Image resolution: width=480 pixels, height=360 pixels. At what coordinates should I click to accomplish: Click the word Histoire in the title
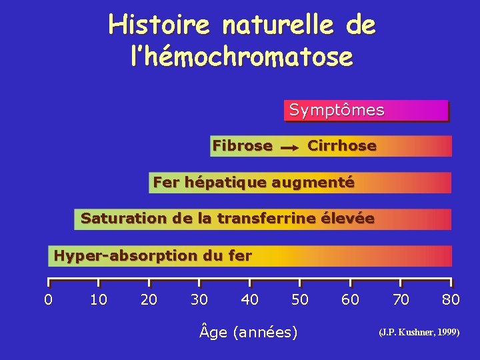[158, 25]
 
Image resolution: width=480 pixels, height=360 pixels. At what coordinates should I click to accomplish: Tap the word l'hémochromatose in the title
[241, 56]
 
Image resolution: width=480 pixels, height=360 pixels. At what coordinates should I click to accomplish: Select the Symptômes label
[337, 110]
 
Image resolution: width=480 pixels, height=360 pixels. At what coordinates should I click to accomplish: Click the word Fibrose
[242, 145]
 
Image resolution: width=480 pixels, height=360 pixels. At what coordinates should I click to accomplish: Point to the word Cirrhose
[342, 145]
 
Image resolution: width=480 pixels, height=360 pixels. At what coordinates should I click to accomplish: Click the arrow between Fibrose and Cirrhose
[289, 147]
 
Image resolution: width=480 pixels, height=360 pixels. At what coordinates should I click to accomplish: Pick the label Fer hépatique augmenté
[253, 181]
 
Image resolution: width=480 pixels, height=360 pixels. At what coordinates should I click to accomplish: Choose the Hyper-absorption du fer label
[153, 255]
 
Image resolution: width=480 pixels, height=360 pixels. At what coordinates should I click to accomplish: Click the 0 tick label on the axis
[48, 299]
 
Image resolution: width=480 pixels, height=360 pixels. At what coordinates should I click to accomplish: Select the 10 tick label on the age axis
[99, 299]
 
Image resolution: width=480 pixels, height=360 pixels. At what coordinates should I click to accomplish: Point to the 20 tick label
[149, 299]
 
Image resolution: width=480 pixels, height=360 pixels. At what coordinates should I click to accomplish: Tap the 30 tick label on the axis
[199, 299]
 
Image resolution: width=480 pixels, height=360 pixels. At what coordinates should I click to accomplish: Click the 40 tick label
[250, 299]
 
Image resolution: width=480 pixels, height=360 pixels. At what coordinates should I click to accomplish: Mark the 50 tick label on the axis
[300, 299]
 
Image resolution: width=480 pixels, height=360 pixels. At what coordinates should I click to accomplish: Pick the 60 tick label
[350, 299]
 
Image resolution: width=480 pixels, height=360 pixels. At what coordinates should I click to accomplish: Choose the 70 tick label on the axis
[401, 299]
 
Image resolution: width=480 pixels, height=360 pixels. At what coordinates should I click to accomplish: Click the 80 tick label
[451, 299]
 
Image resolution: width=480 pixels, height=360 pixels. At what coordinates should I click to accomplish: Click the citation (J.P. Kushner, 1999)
[419, 331]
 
